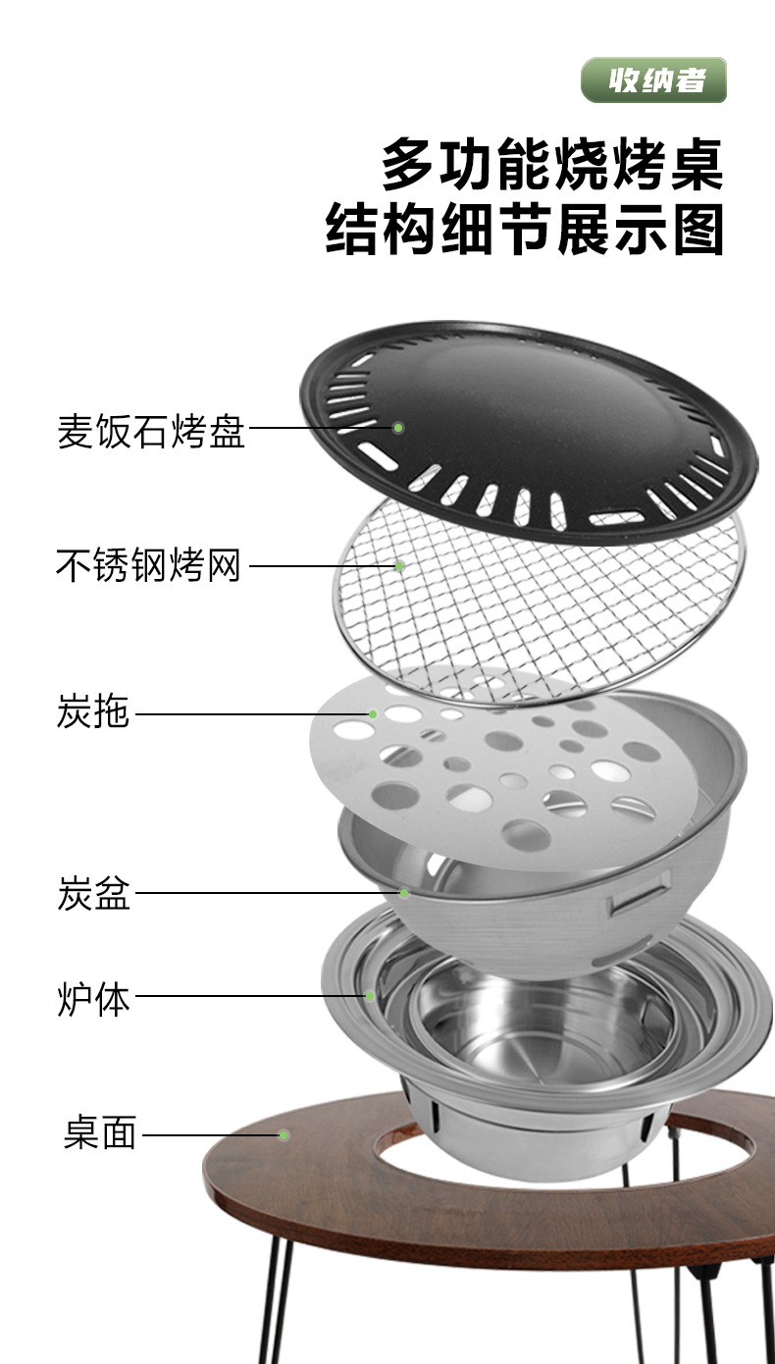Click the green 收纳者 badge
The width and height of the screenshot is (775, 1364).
[x=653, y=79]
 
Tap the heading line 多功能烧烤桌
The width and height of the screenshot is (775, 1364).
[x=552, y=165]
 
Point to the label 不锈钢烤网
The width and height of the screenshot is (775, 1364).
[x=148, y=566]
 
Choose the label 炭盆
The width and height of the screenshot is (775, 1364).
[x=93, y=894]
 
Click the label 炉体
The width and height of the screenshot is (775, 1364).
[x=93, y=998]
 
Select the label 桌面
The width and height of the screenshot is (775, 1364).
[x=100, y=1135]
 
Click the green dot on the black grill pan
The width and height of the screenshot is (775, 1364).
[x=399, y=428]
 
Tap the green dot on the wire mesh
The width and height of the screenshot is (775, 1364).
[x=400, y=566]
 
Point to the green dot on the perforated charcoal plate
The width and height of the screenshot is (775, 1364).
[x=373, y=714]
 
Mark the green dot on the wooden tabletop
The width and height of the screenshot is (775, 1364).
[x=284, y=1135]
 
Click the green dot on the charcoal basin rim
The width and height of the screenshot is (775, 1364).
[x=404, y=893]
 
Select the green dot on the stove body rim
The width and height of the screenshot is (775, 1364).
[x=371, y=997]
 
